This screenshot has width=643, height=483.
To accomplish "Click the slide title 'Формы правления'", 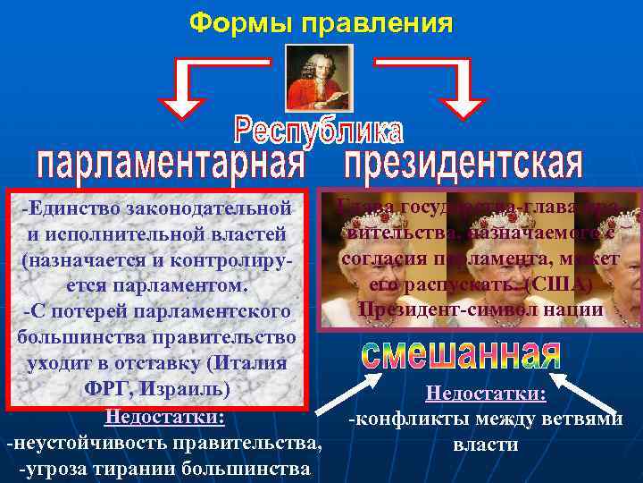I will pyautogui.click(x=321, y=21).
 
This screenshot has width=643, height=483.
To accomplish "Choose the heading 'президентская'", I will pyautogui.click(x=463, y=165).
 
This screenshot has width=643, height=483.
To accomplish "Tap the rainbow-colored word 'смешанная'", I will pyautogui.click(x=461, y=353).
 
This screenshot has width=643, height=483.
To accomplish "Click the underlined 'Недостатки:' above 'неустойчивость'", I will pyautogui.click(x=164, y=417).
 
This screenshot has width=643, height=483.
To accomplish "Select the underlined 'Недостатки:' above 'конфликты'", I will pyautogui.click(x=486, y=394).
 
